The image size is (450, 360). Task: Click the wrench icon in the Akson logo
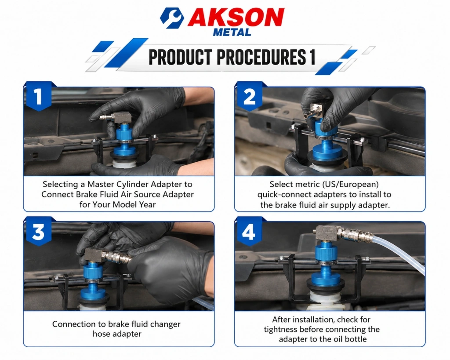tap(171, 18)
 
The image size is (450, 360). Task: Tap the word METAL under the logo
tap(232, 32)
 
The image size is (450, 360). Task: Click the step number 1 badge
tap(39, 96)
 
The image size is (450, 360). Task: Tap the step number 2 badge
tap(249, 97)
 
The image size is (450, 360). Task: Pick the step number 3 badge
tap(39, 232)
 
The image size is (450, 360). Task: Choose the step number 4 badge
tap(249, 232)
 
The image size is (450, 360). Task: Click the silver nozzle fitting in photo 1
tap(105, 117)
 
